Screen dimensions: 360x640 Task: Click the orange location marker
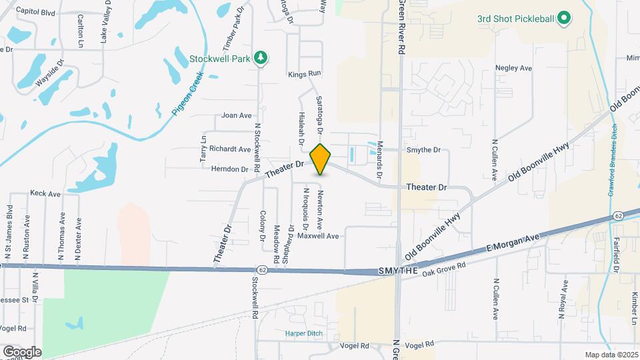point(320,159)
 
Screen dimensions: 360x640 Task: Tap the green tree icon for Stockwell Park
point(262,59)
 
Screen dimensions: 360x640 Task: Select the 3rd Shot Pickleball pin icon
point(564,18)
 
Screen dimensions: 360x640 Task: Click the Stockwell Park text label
point(219,59)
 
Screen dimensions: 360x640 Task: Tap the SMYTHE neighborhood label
point(398,271)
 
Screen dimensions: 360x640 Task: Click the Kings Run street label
point(305,73)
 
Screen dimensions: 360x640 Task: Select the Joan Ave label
point(236,115)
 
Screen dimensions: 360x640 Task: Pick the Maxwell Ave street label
point(318,236)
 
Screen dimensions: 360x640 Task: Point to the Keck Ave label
point(45,193)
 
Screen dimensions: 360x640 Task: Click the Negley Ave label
point(513,68)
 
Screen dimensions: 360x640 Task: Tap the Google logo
point(22,352)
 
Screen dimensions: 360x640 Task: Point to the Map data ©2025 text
point(611,355)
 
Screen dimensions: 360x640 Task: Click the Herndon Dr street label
point(229,169)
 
